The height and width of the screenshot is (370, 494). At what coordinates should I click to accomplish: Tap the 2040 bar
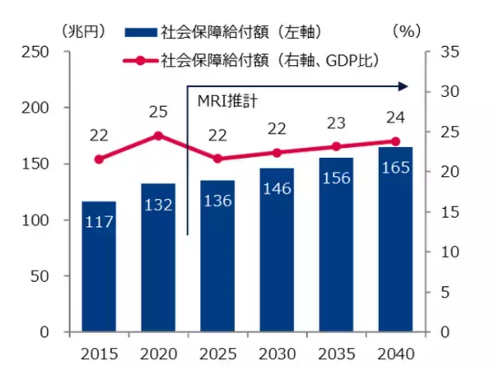[x=394, y=239]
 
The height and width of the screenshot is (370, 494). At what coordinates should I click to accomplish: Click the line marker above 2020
[x=158, y=136]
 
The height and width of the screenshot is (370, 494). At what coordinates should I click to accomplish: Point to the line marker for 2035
[x=336, y=146]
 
